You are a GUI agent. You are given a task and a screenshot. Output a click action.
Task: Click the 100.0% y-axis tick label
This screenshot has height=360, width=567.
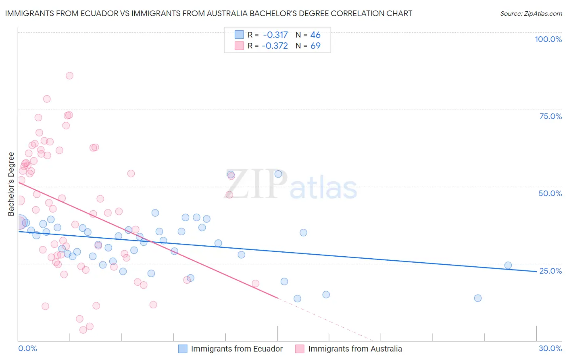[x=548, y=39]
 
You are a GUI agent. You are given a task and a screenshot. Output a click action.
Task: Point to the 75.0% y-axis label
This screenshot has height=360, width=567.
[x=550, y=116]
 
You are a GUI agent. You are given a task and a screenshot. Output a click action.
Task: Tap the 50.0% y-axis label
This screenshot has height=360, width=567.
[x=550, y=193]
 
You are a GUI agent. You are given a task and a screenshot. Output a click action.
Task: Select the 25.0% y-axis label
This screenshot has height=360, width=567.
[x=550, y=271]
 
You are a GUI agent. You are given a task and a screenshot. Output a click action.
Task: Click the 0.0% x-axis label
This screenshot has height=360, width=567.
[x=27, y=348]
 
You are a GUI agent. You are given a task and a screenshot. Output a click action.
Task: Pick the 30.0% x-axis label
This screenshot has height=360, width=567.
[x=550, y=348]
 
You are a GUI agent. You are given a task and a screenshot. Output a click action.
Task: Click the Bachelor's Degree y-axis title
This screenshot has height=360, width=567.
[x=11, y=184]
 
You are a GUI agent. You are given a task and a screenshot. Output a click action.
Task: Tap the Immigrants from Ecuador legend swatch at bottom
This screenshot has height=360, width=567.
[x=183, y=349]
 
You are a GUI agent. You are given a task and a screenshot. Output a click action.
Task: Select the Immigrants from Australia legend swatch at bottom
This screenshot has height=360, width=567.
[x=300, y=349]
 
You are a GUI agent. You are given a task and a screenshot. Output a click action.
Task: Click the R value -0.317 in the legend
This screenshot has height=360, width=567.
[x=275, y=35]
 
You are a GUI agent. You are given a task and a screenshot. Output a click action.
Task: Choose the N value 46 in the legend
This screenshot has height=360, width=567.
[x=315, y=35]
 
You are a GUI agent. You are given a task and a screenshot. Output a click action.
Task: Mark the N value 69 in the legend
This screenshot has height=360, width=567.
[x=315, y=46]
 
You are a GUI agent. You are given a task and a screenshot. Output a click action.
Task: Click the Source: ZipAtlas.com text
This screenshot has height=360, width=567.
[x=531, y=13]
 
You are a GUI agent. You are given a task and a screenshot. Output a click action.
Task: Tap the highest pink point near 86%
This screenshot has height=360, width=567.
[x=69, y=75]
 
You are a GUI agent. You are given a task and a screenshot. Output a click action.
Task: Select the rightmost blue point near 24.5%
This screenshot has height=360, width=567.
[x=508, y=265]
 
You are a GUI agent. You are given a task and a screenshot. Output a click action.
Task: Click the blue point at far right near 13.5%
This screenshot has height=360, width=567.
[x=478, y=298]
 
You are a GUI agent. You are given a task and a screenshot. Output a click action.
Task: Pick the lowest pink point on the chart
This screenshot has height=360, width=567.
[x=83, y=330]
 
